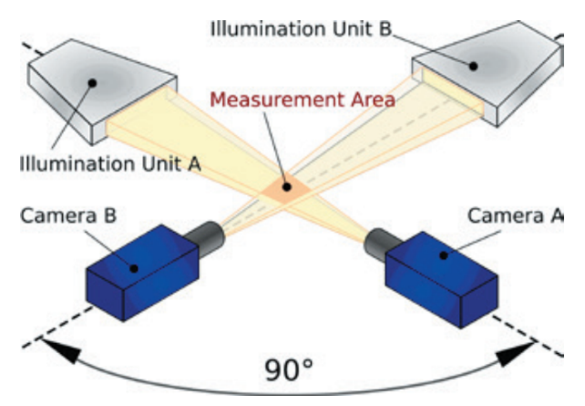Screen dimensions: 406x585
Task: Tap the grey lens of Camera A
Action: coord(378,243)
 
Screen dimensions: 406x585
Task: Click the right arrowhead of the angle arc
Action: coord(527,348)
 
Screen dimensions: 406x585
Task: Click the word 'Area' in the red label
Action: coord(373,98)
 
